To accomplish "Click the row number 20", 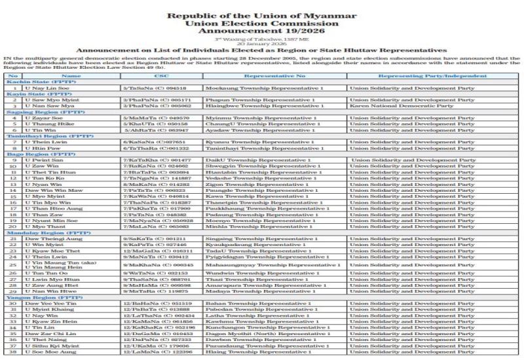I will (x=12, y=226).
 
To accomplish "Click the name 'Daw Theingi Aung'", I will (x=47, y=239).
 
